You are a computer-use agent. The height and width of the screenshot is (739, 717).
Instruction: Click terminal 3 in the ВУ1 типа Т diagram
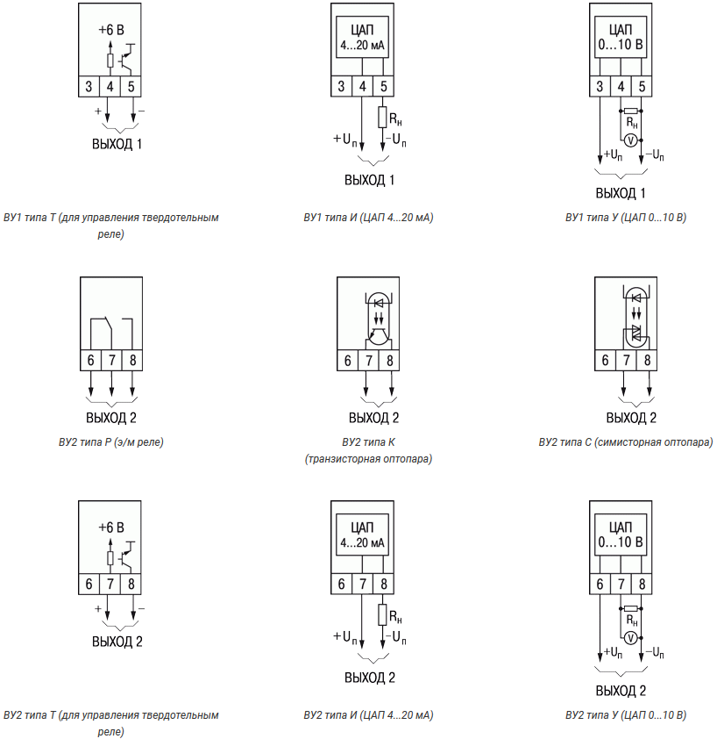coord(89,86)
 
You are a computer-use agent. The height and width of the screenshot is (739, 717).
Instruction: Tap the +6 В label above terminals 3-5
coord(111,30)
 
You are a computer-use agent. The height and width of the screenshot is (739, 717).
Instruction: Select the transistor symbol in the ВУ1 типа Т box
coord(126,59)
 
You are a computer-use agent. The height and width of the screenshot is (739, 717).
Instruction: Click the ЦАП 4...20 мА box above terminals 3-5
coord(363,37)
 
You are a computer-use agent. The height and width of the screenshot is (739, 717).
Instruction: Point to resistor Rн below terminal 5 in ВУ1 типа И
coord(383,118)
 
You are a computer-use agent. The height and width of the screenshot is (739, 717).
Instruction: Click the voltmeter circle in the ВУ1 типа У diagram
coord(631,140)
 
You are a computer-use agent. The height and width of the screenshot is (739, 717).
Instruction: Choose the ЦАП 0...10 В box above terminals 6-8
coord(621,535)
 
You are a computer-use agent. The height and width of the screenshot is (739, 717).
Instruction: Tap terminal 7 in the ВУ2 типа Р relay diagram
coord(111,360)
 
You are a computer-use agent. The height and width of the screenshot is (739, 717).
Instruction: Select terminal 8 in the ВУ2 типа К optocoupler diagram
coord(389,361)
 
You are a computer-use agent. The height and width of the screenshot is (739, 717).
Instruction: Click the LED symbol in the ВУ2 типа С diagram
coord(636,298)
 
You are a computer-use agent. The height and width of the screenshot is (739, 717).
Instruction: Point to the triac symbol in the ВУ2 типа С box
coord(636,333)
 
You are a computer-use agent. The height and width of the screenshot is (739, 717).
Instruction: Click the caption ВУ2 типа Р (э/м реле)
coord(111,442)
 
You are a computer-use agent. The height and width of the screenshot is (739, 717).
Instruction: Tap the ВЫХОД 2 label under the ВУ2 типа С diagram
coord(631,418)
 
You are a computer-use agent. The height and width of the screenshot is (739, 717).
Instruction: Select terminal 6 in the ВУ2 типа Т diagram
coord(89,584)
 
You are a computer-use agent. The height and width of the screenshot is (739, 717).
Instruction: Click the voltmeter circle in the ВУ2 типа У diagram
coord(631,638)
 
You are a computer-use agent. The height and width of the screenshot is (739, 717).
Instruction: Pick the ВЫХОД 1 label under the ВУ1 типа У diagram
coord(621,193)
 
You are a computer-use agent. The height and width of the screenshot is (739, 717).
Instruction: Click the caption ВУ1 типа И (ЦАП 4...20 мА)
coord(368,218)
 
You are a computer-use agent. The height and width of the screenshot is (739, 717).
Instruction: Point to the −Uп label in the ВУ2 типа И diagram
coord(396,637)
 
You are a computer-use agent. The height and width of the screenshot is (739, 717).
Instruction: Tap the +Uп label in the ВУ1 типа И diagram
coord(345,140)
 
